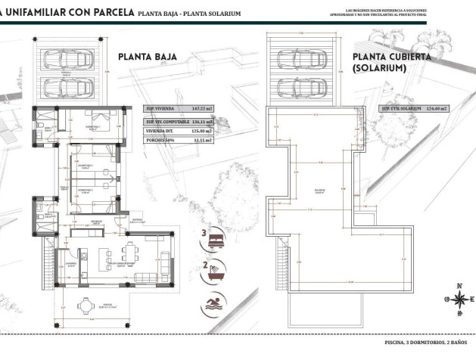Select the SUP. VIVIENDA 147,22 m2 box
coord(179,109)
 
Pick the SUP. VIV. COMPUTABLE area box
coord(179,121)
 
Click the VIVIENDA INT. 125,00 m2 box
coord(179,130)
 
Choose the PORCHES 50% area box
coord(179,139)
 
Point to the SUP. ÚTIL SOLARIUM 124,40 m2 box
coord(415,109)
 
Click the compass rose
coord(459,296)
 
